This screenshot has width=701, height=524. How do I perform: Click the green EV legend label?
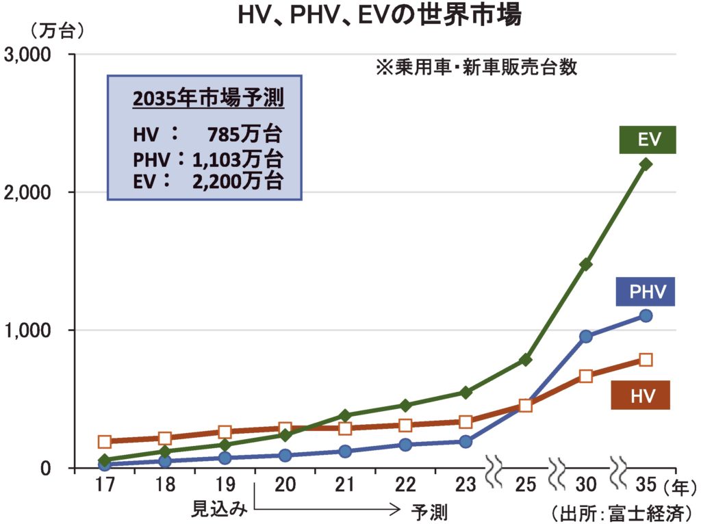(648, 140)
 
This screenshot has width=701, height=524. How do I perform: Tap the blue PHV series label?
(645, 291)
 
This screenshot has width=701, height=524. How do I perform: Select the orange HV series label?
(641, 395)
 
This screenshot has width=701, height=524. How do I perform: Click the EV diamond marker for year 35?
(646, 164)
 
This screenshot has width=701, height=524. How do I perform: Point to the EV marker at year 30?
(585, 264)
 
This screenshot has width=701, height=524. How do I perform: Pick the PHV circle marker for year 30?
(585, 336)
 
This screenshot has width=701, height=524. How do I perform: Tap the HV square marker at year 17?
(105, 441)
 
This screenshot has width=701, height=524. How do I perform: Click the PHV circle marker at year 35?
(646, 315)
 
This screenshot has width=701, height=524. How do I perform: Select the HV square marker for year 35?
(646, 359)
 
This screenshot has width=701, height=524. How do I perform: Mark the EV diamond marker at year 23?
(466, 392)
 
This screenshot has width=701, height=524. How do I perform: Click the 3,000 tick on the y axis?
(32, 54)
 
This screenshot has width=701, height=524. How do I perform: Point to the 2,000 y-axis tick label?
(32, 192)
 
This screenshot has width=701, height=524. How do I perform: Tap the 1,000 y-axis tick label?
(32, 330)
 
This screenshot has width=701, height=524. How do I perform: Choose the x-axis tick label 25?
(525, 485)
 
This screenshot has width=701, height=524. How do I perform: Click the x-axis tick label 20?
(285, 485)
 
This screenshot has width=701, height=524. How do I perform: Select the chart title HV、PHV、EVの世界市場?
(379, 15)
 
